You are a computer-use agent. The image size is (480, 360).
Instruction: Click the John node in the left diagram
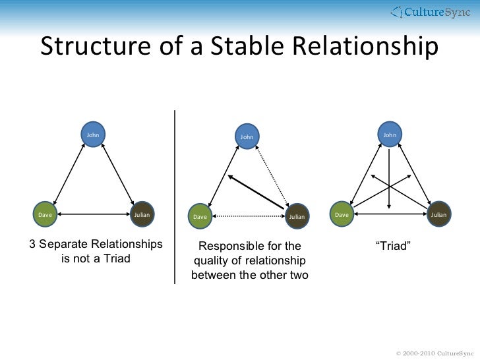(93, 135)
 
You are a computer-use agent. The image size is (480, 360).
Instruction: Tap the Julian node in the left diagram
(142, 214)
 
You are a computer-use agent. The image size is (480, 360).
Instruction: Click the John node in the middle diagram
(247, 136)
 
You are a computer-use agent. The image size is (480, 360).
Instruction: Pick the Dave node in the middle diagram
(200, 216)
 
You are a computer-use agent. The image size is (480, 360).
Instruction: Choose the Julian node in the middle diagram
(297, 216)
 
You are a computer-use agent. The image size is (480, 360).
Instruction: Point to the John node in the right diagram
(390, 135)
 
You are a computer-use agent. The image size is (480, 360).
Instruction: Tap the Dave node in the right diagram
(342, 215)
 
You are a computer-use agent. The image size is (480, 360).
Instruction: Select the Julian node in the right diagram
(438, 215)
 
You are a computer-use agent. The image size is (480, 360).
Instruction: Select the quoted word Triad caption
(393, 246)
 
